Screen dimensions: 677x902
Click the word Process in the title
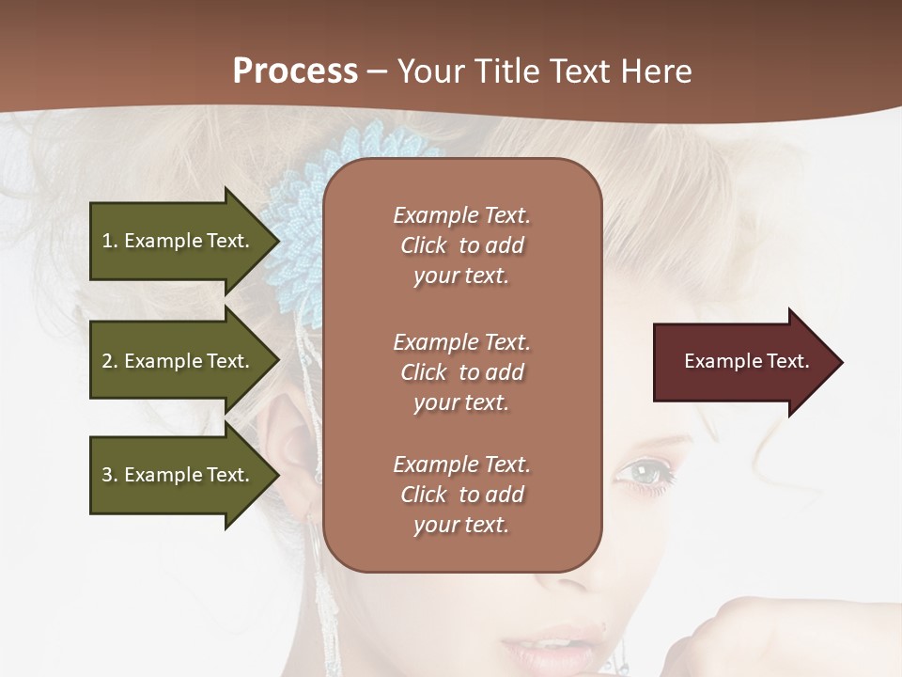tap(295, 71)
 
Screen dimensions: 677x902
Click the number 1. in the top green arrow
tap(110, 241)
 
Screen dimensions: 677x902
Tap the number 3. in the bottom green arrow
tap(110, 475)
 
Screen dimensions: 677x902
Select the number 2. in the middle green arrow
tap(110, 361)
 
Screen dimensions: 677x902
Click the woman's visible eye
tap(643, 470)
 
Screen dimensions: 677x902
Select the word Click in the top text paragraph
tap(423, 245)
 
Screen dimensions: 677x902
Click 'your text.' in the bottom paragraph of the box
tap(461, 525)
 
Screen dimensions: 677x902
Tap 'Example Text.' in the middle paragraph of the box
tap(461, 342)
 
